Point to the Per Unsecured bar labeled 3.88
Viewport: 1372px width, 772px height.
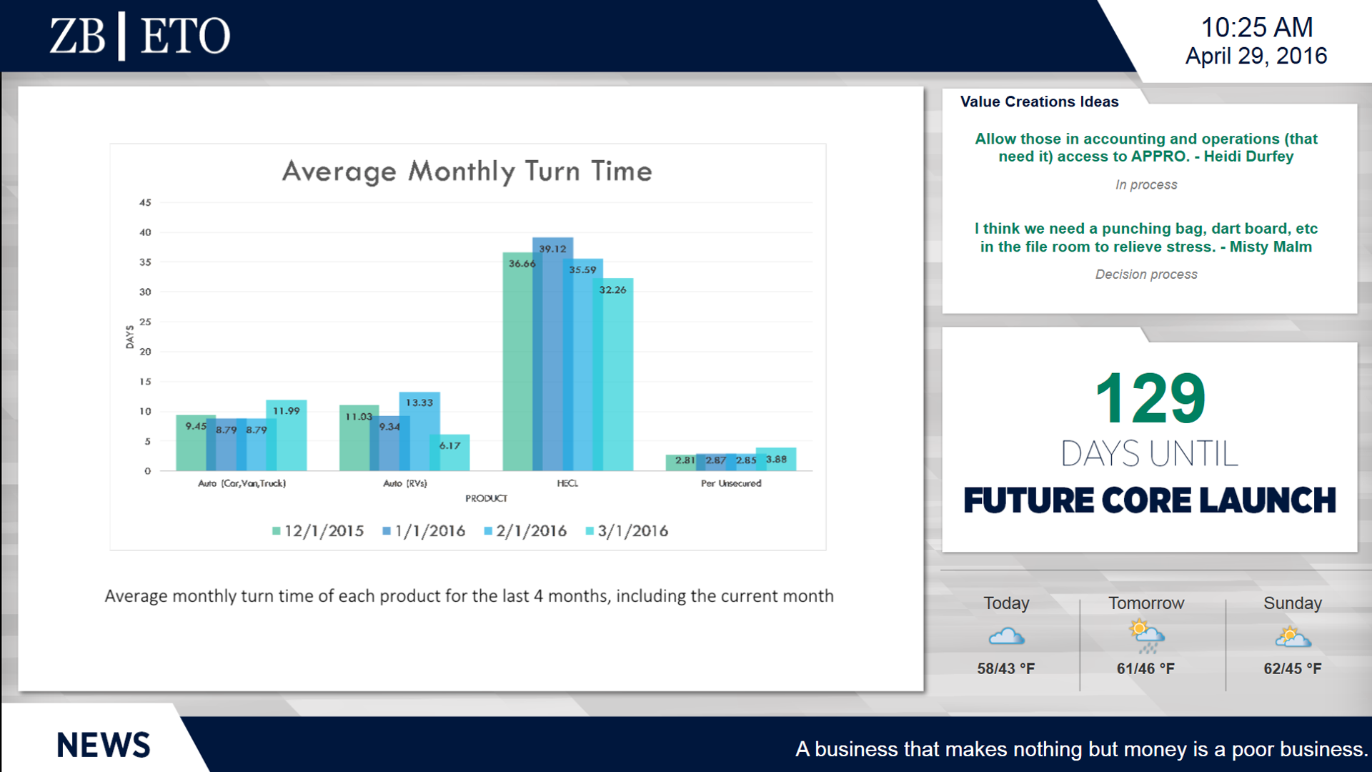777,459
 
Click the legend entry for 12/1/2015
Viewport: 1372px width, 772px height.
318,531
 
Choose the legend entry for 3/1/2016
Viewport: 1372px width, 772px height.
627,531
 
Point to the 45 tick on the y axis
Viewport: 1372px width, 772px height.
145,203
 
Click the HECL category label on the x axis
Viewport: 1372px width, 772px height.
567,483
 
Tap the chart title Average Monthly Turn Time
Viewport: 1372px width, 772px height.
467,172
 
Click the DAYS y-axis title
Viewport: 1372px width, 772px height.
129,337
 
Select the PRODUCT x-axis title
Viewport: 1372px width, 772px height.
486,498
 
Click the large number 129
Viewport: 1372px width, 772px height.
1150,399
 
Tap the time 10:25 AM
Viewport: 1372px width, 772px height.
1256,28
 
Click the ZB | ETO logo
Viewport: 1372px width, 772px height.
140,36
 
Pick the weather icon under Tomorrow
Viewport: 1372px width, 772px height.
1146,637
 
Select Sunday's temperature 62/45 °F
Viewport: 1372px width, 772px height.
1292,669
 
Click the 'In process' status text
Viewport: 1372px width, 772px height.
1146,185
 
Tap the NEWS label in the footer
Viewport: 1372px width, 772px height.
104,746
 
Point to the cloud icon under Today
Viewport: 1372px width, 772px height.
1006,636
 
